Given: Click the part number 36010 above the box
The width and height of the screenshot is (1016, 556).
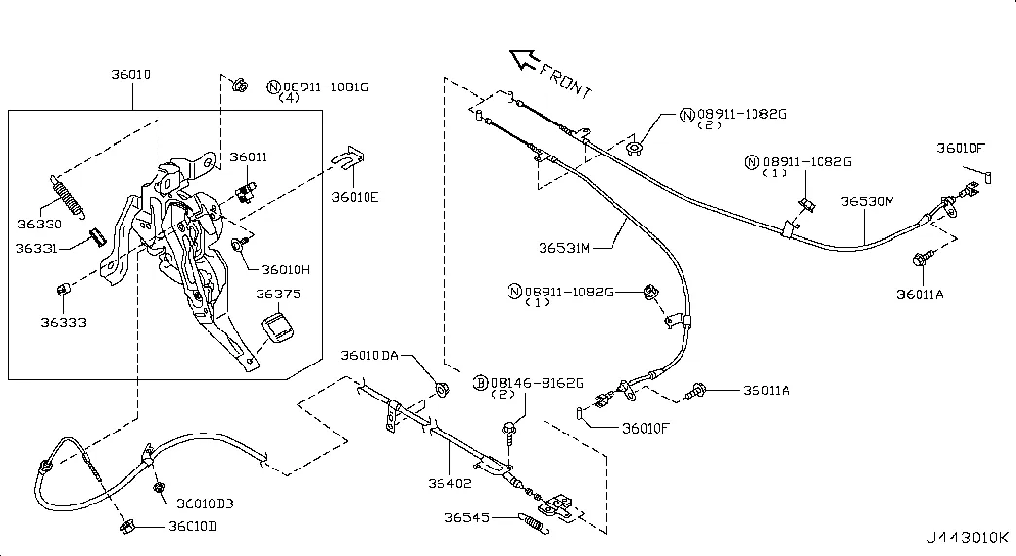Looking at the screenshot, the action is point(131,75).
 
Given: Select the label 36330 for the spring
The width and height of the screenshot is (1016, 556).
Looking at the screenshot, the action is point(40,225).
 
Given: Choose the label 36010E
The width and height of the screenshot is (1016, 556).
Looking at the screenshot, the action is point(355,197).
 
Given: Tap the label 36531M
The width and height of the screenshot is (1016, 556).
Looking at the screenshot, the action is point(564,248).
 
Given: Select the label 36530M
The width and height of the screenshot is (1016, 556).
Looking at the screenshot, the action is point(867,201).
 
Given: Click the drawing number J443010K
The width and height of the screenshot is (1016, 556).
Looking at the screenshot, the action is point(966,538).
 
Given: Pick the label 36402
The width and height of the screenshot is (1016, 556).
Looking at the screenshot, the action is point(449,483).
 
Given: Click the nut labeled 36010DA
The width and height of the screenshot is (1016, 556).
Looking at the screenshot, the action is point(442,390).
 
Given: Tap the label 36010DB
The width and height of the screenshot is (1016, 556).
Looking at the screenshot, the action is point(205,504).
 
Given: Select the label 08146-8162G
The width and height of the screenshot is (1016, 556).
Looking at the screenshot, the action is point(537,384).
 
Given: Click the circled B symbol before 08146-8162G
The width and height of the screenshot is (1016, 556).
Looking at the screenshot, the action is point(480,384).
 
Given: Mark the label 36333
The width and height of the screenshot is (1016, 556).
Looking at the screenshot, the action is point(63,322).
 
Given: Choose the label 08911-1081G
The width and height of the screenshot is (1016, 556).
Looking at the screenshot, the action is point(326,87).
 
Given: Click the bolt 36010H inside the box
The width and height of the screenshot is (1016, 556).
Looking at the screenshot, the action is point(238,244).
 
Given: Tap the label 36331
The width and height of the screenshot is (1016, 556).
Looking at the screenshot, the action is point(36,248).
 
